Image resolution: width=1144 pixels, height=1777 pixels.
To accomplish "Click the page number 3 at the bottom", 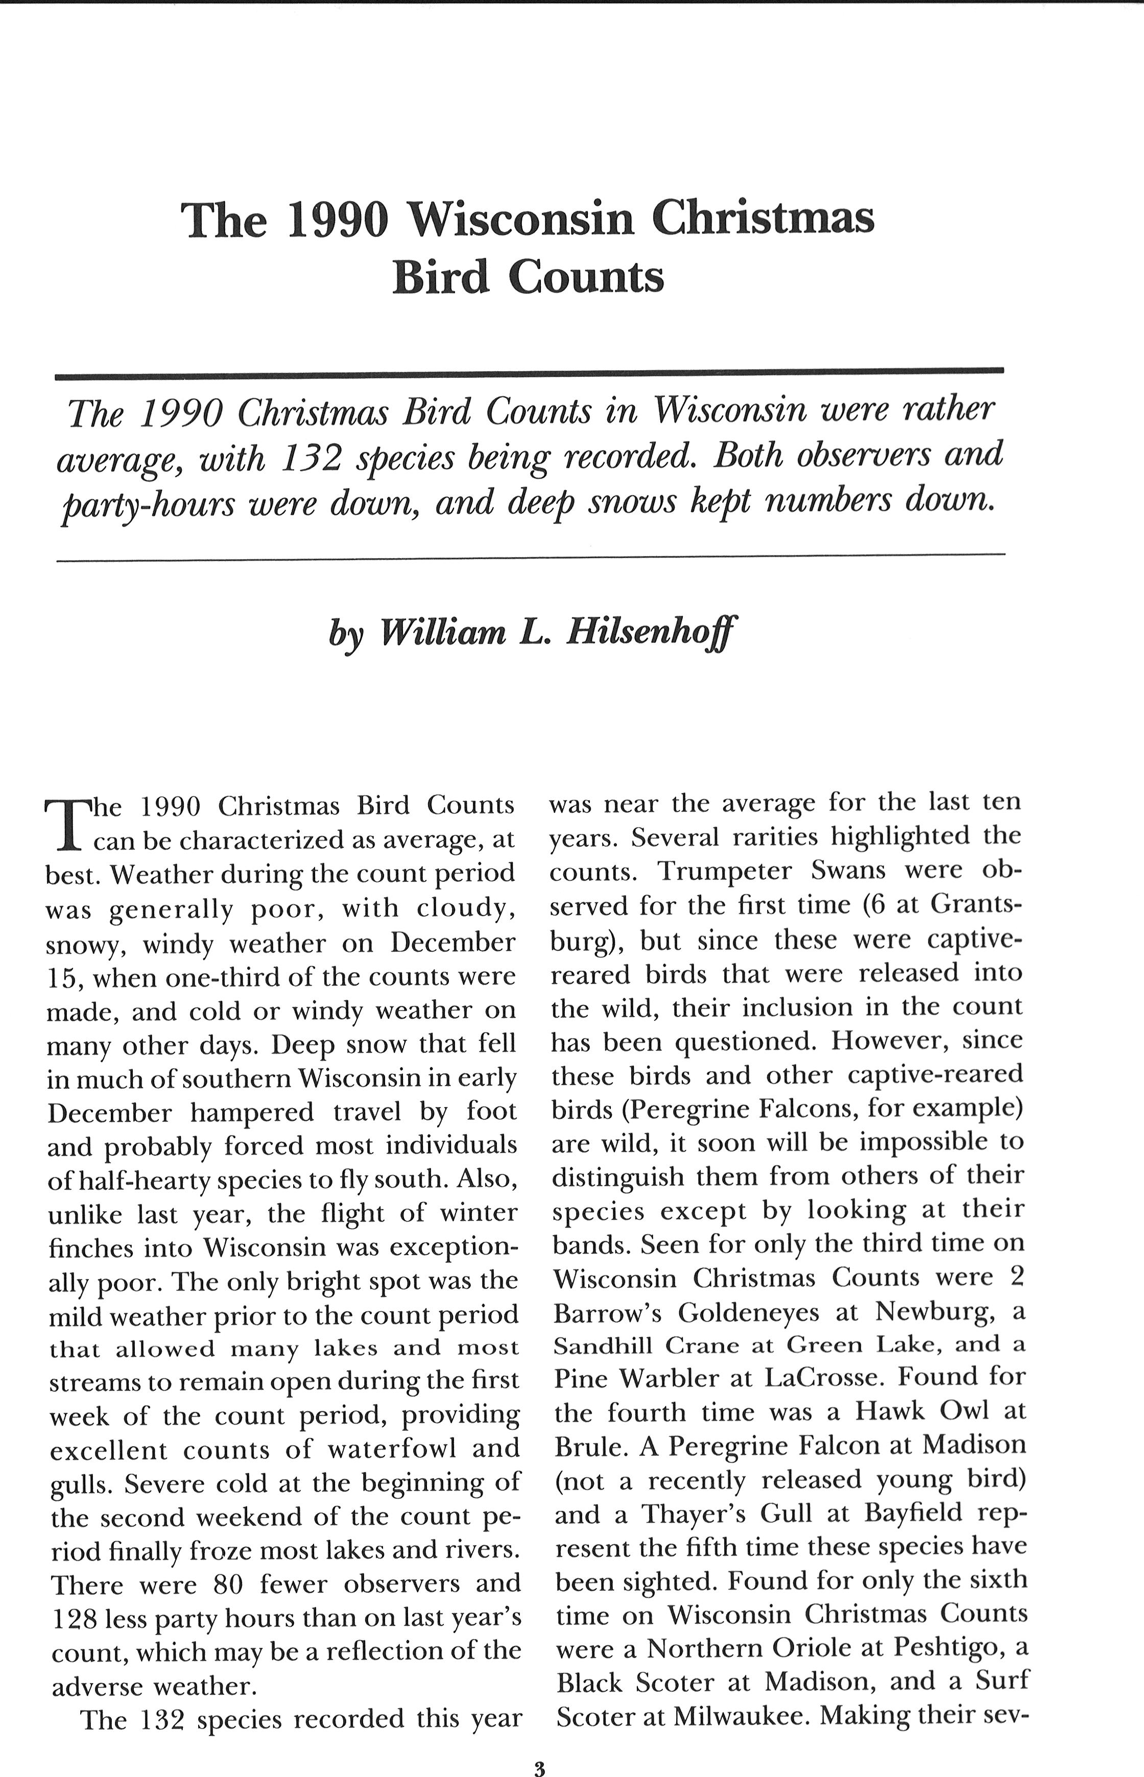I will click(x=539, y=1749).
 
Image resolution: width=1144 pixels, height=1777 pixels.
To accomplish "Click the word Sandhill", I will click(x=603, y=1345).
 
